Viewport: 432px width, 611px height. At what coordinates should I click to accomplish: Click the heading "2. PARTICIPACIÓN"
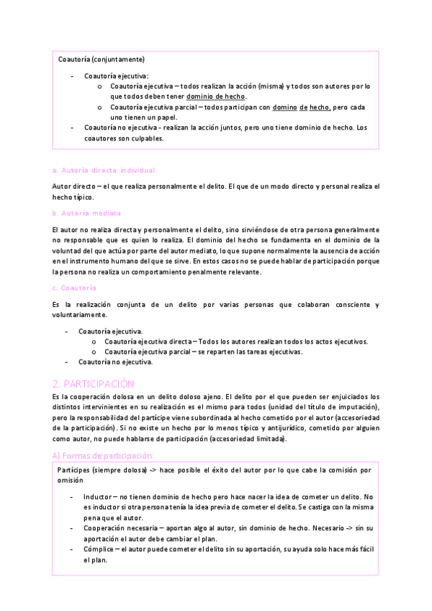coord(94,383)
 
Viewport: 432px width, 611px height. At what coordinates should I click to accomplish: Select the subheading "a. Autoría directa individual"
coord(104,171)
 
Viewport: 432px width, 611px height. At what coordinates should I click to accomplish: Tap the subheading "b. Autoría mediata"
coord(86,213)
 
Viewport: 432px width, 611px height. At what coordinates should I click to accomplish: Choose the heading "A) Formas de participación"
coord(102,455)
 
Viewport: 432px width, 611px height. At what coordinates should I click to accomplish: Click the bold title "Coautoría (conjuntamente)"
coord(101,58)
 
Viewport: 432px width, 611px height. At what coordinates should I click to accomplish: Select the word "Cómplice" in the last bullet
coord(99,549)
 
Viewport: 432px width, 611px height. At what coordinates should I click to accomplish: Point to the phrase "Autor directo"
coord(74,186)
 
